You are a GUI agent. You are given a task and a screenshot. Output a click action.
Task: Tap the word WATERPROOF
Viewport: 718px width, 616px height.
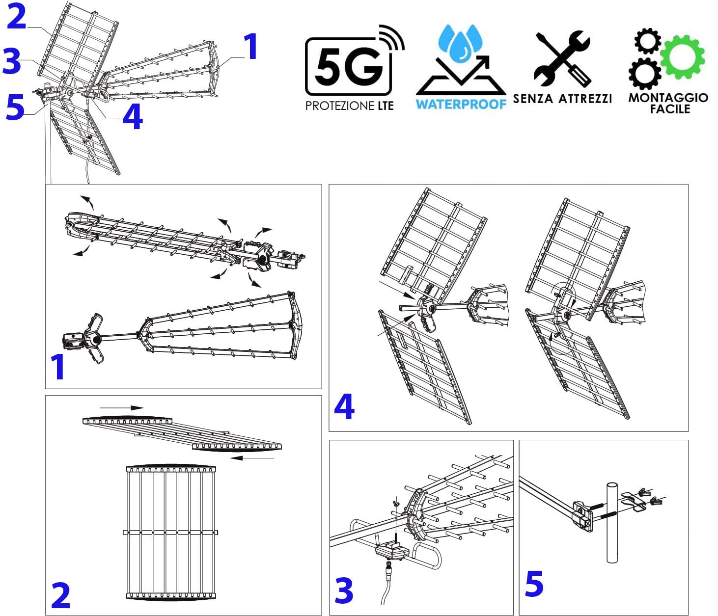click(461, 104)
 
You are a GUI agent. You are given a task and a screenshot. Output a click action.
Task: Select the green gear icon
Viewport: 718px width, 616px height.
click(682, 57)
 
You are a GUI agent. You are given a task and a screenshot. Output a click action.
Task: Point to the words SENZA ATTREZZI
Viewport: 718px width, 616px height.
click(562, 99)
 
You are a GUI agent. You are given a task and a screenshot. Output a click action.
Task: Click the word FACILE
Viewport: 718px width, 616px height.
click(670, 109)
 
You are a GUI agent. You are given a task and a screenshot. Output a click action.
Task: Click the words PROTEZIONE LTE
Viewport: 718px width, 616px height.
click(350, 106)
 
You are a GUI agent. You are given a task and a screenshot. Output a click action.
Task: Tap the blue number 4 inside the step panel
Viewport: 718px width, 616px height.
click(344, 406)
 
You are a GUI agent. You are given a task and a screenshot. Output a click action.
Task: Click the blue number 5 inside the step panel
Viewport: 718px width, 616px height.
click(534, 584)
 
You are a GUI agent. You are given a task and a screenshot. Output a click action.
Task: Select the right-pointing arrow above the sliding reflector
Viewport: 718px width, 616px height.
click(122, 408)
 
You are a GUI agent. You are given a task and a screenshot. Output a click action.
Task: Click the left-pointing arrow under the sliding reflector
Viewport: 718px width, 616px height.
click(252, 458)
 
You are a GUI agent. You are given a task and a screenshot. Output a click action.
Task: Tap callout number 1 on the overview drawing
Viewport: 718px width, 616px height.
click(250, 47)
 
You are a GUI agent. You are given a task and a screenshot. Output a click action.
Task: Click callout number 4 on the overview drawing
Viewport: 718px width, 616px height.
click(133, 117)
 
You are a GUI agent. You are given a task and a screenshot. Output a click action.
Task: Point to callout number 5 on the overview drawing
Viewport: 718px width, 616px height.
click(15, 107)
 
